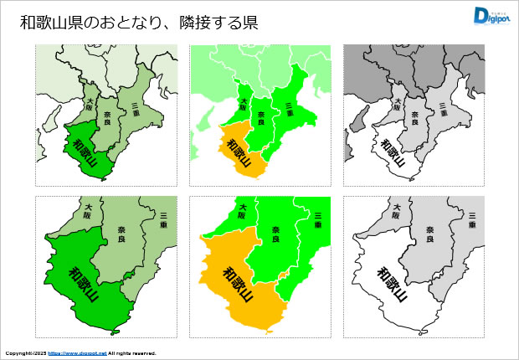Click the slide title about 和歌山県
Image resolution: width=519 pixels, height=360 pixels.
[x=138, y=23]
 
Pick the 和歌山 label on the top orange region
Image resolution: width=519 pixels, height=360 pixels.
[x=239, y=151]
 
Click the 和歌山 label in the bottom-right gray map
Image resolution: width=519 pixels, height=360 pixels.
[x=392, y=284]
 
